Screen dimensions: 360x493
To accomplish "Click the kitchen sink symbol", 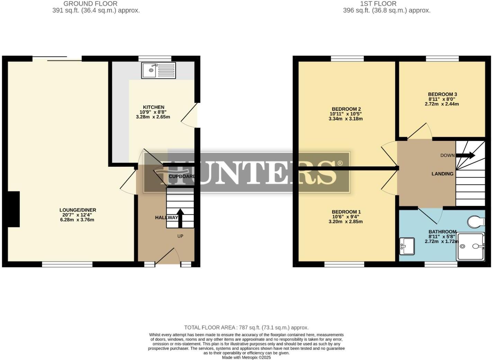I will point(159,70).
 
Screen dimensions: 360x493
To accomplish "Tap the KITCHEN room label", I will point(153,107).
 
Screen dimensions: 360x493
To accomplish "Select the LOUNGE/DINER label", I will point(78,210).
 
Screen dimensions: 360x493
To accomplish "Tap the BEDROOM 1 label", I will point(346,212).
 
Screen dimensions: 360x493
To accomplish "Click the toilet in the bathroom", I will point(476,221).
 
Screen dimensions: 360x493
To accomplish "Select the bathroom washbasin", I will point(407,246).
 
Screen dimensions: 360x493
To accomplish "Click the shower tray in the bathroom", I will point(470,246).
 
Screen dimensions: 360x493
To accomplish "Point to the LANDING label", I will point(442,174).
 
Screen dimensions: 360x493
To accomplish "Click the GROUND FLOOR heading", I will point(90,4).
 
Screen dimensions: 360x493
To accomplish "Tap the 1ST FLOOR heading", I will point(378,4).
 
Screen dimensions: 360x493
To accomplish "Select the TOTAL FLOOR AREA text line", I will point(246,327).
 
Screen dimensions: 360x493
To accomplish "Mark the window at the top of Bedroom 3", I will point(442,58).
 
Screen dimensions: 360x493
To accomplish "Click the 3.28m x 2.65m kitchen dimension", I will point(153,117).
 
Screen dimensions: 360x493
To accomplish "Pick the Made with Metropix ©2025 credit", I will point(246,358).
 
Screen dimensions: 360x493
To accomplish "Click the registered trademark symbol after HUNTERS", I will point(340,163).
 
